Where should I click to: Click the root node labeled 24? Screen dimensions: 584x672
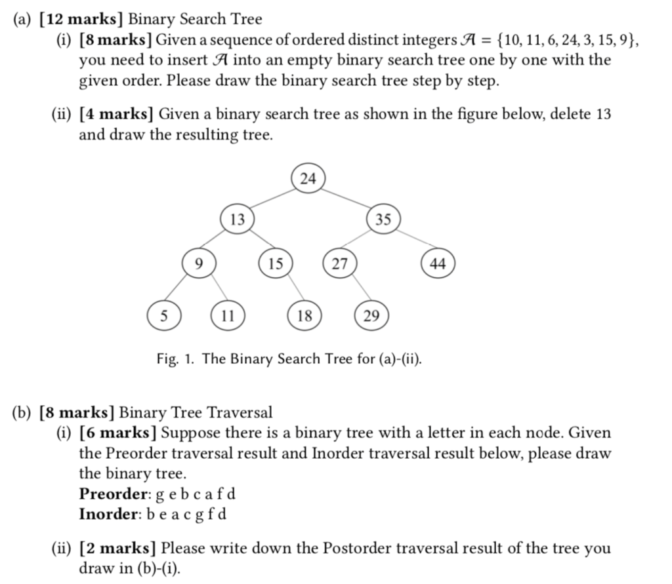(308, 178)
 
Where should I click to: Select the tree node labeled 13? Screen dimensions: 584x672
(238, 220)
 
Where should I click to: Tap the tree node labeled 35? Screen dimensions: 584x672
(383, 220)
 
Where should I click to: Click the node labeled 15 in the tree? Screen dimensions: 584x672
(276, 263)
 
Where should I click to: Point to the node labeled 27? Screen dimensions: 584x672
(339, 263)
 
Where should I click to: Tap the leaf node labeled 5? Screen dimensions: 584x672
(163, 316)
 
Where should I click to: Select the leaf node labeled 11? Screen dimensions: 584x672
(226, 316)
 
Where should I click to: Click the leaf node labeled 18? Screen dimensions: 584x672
(304, 316)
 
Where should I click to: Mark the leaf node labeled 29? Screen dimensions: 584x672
(371, 316)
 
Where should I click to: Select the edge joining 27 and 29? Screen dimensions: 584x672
(355, 290)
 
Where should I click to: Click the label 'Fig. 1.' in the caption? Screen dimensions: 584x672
(176, 359)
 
